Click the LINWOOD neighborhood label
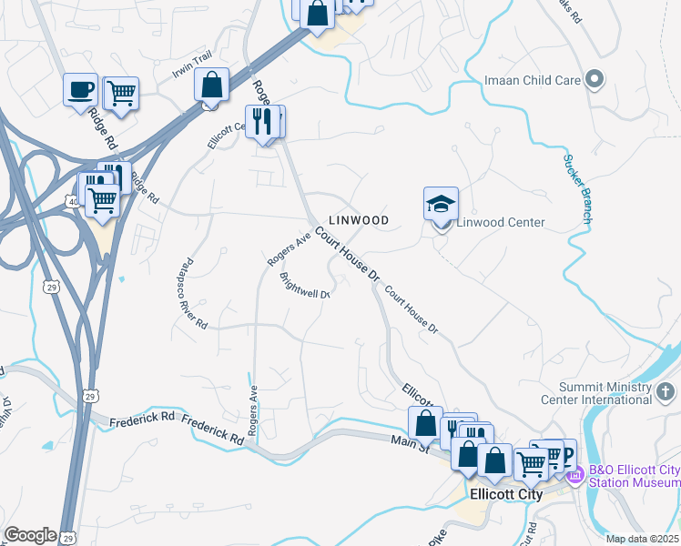point(359,220)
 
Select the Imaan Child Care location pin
point(595,80)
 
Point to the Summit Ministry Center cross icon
point(666,393)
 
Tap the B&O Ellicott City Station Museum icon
point(574,474)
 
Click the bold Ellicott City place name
point(506,495)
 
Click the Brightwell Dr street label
point(304,287)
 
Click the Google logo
point(30,535)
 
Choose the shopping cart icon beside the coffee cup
point(120,92)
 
